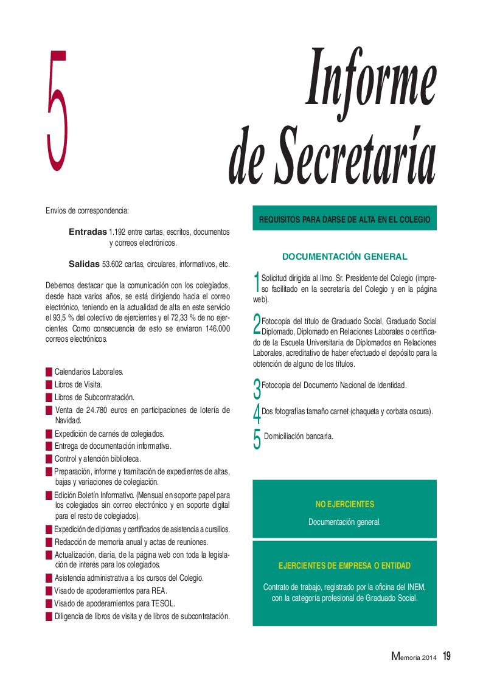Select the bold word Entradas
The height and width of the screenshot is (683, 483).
point(88,232)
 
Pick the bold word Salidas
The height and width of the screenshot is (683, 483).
point(84,264)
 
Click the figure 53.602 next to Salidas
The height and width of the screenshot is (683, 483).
point(114,265)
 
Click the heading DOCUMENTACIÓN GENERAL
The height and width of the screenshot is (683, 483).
point(345,257)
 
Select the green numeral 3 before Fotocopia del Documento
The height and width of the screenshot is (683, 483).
point(257,387)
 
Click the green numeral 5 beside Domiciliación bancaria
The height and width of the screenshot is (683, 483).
point(257,439)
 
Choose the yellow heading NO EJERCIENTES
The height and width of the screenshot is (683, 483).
point(345,504)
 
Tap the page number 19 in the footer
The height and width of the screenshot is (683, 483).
point(447,656)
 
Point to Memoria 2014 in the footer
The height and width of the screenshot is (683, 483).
point(414,656)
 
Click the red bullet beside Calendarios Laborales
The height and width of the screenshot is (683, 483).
point(49,371)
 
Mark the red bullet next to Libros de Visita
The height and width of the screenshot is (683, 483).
point(49,384)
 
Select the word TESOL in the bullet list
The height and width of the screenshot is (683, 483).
point(162,603)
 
